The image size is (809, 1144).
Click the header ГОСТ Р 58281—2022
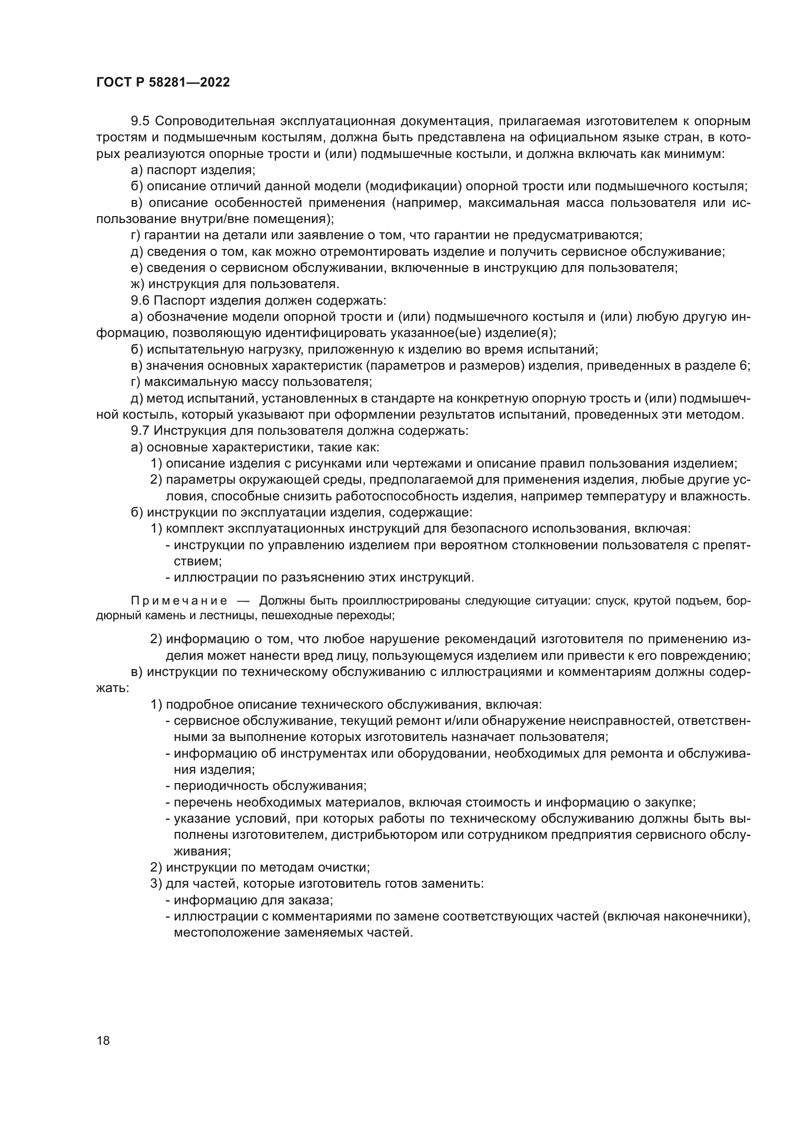tap(163, 83)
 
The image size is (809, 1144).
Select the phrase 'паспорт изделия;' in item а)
tap(201, 170)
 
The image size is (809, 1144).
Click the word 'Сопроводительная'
tap(216, 121)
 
